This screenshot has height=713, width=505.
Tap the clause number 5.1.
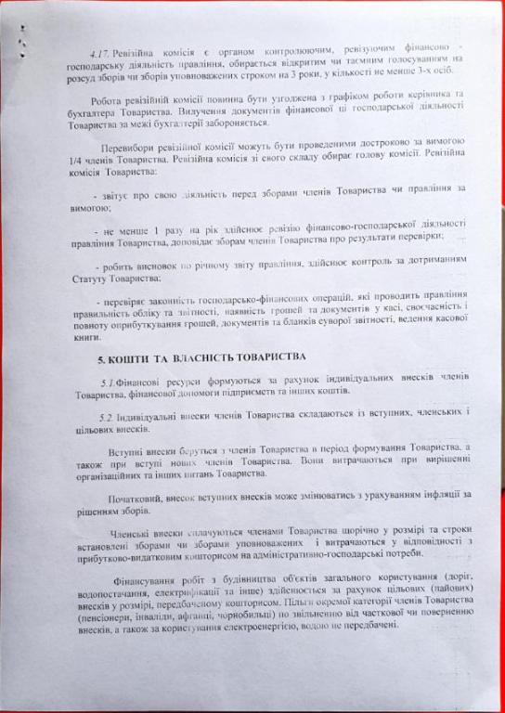107,382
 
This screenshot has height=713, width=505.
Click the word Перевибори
127,150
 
